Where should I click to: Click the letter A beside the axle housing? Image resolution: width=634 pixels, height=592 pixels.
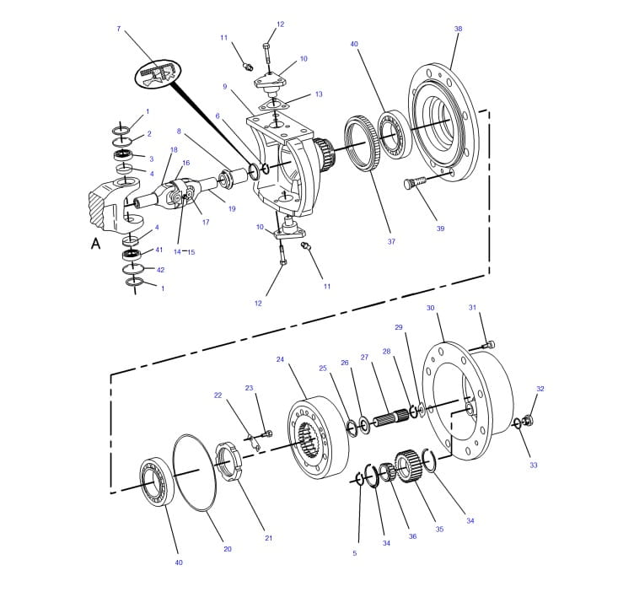pyautogui.click(x=95, y=243)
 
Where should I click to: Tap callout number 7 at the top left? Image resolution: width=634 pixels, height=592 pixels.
pyautogui.click(x=118, y=29)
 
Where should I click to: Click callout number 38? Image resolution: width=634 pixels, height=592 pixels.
pyautogui.click(x=458, y=29)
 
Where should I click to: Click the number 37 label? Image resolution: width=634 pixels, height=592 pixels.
pyautogui.click(x=391, y=242)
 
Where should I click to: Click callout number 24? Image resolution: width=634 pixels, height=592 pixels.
pyautogui.click(x=280, y=359)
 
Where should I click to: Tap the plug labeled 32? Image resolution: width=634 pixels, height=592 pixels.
pyautogui.click(x=529, y=419)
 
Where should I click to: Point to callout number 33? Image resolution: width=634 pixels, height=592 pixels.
pyautogui.click(x=533, y=465)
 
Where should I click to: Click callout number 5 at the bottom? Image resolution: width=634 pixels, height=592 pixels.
pyautogui.click(x=354, y=553)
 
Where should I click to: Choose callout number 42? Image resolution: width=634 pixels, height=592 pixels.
pyautogui.click(x=160, y=270)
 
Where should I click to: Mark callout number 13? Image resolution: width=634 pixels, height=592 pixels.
pyautogui.click(x=319, y=94)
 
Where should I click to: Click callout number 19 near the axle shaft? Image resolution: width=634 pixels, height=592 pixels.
pyautogui.click(x=231, y=208)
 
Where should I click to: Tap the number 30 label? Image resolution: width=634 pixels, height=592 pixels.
pyautogui.click(x=430, y=309)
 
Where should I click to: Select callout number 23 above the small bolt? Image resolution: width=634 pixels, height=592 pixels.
pyautogui.click(x=249, y=388)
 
